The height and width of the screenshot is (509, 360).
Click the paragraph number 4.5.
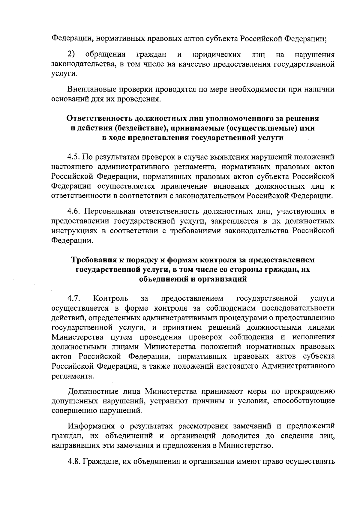click(x=73, y=157)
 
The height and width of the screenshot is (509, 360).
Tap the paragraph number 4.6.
click(x=73, y=211)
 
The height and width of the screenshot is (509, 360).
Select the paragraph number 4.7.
click(x=73, y=298)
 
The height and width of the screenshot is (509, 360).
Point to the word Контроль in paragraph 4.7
click(x=111, y=298)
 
